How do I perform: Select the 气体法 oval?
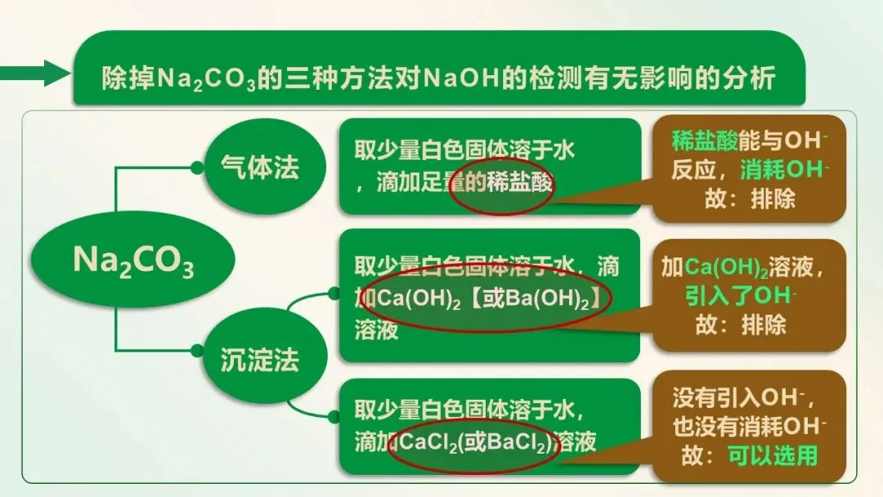coord(260,168)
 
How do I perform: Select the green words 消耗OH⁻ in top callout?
coord(785,171)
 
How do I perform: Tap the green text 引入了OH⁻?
coord(742,294)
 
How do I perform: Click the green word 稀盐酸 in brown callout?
coord(704,141)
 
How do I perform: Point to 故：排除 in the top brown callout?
coord(749,199)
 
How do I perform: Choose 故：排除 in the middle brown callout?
coord(741,324)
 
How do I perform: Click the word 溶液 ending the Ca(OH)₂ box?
coord(376,329)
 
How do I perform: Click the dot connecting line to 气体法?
coord(197,168)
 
